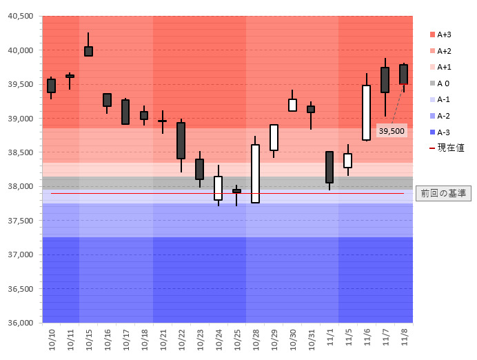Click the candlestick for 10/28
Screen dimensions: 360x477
click(x=255, y=174)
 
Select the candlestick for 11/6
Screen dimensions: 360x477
click(x=366, y=112)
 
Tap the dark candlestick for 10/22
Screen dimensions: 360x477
click(x=181, y=141)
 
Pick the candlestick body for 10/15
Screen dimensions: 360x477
click(x=88, y=51)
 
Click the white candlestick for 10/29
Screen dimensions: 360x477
click(x=274, y=137)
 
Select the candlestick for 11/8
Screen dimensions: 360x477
click(x=403, y=74)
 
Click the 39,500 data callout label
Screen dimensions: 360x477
click(x=392, y=130)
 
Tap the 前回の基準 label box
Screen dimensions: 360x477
click(x=443, y=194)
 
